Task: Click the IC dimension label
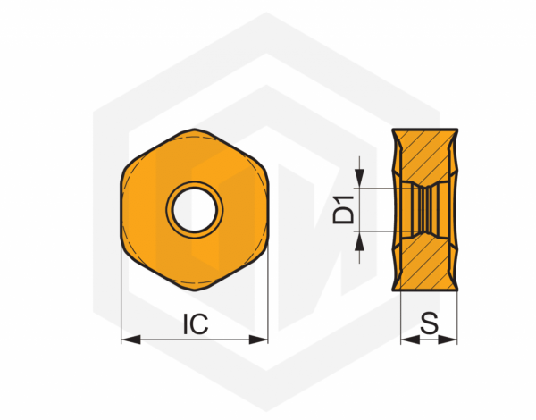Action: (195, 323)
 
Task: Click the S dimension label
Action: (428, 323)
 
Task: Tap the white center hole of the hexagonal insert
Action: (195, 209)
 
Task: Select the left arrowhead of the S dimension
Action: (405, 340)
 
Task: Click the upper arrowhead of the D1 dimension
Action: (360, 181)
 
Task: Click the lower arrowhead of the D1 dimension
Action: (360, 238)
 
